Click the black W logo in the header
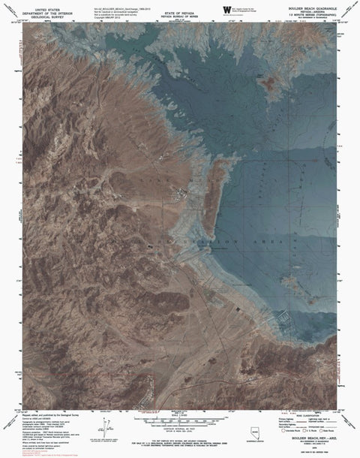[227, 8]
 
